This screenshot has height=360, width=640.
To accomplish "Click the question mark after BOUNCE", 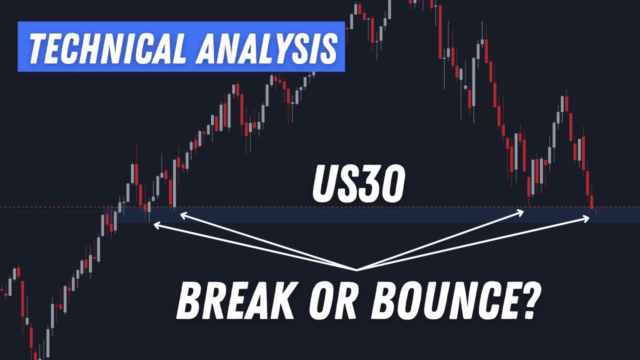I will click(x=527, y=300).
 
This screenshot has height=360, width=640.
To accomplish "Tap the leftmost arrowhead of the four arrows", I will click(x=156, y=225).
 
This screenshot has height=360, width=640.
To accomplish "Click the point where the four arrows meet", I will click(x=356, y=270).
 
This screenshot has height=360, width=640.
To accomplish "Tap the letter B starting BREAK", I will click(x=187, y=300).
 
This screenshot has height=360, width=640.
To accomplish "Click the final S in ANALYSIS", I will click(x=326, y=49).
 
